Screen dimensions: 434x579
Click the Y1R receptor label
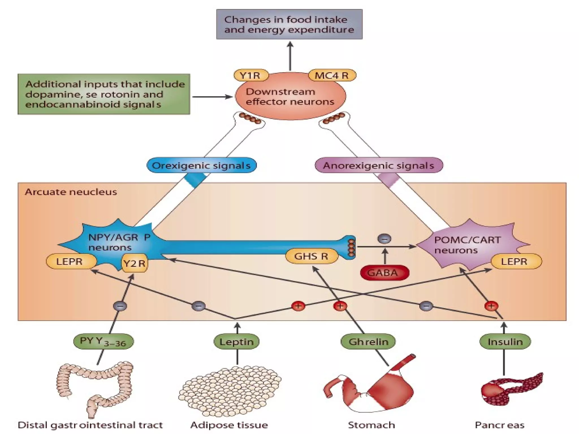click(x=251, y=75)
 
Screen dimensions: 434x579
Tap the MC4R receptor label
click(x=332, y=75)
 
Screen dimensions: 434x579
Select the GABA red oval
click(x=384, y=273)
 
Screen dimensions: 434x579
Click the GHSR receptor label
click(x=311, y=256)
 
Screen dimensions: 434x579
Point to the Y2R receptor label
click(x=135, y=263)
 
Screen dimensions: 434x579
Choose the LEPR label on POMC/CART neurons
click(x=516, y=261)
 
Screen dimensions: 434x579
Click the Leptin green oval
click(x=236, y=342)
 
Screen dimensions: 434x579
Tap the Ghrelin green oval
click(x=368, y=342)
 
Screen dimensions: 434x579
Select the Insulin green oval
click(x=505, y=342)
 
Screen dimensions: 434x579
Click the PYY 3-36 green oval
click(x=103, y=341)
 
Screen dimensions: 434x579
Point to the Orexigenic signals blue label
click(x=201, y=165)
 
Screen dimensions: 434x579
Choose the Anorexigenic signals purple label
click(x=379, y=165)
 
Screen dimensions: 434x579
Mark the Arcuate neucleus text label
click(x=71, y=192)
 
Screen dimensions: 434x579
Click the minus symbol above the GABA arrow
click(x=384, y=239)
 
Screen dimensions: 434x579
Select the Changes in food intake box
click(x=289, y=24)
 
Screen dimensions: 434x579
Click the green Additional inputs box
click(x=104, y=94)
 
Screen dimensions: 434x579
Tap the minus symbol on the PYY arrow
click(x=120, y=306)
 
